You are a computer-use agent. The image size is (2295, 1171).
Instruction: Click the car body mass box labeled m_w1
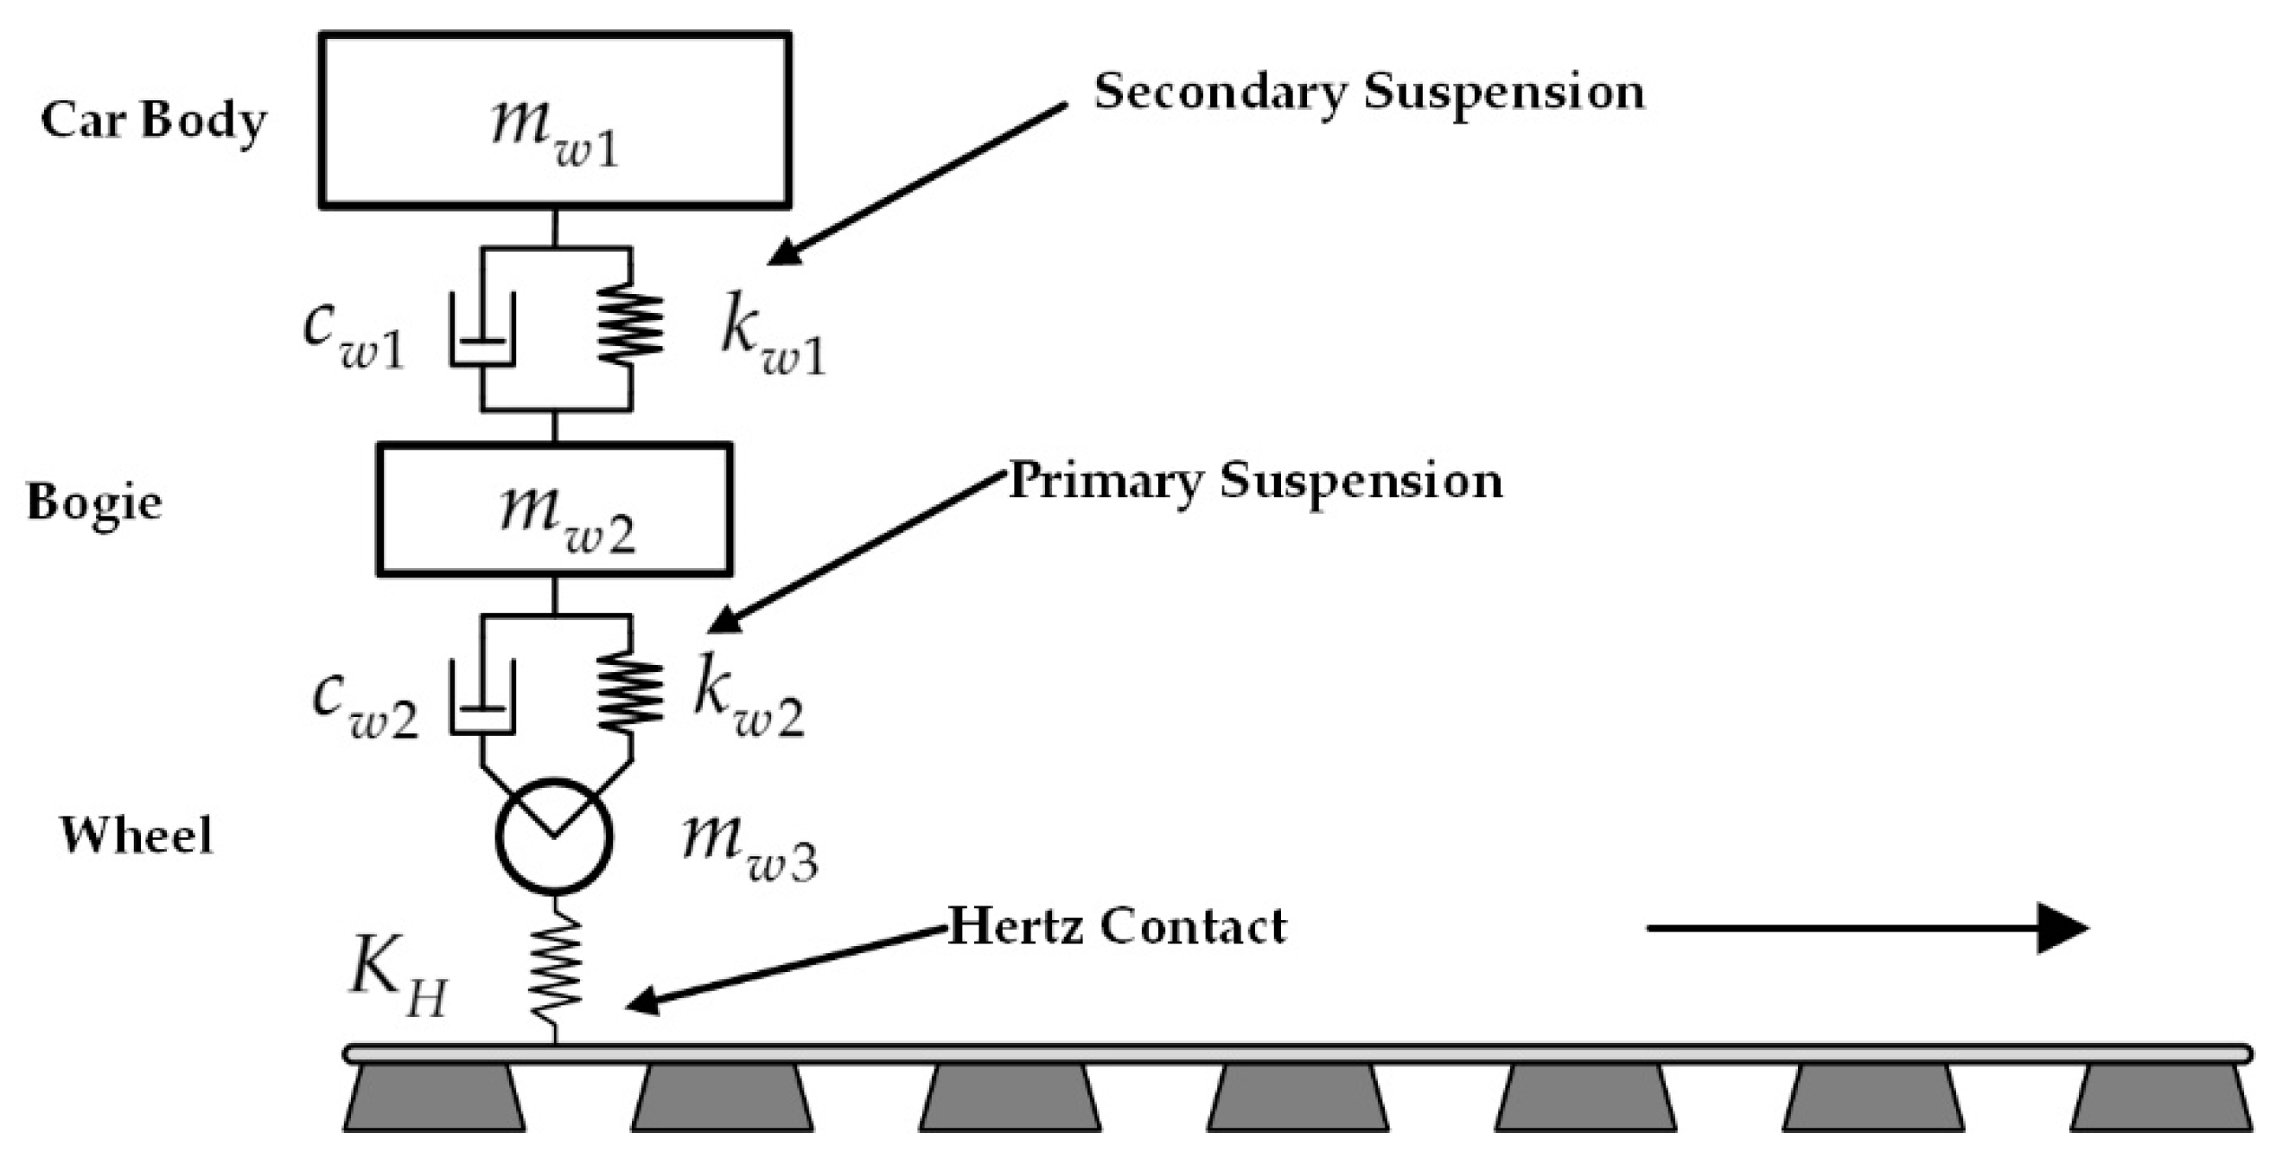click(x=554, y=120)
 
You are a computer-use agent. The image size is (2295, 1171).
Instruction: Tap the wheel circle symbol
click(x=554, y=836)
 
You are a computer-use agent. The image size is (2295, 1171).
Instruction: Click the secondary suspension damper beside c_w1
click(x=482, y=330)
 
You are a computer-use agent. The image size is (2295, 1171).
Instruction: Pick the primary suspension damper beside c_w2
click(x=482, y=698)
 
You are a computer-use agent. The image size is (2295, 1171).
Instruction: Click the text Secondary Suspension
click(x=1368, y=93)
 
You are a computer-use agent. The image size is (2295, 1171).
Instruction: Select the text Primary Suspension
click(x=1254, y=482)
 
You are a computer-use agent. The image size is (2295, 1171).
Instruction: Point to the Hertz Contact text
click(x=1117, y=926)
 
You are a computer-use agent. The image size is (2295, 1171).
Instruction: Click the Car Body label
click(x=153, y=120)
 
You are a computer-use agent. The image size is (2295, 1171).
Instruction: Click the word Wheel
click(x=137, y=836)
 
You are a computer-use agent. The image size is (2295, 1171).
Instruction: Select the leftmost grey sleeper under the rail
click(x=435, y=1098)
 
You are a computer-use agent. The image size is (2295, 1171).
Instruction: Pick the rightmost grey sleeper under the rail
click(x=2160, y=1098)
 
